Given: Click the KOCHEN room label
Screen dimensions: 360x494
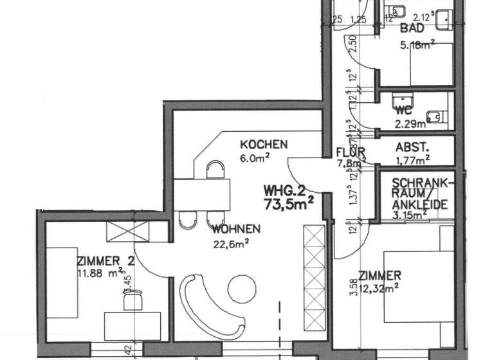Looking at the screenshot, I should pyautogui.click(x=264, y=144).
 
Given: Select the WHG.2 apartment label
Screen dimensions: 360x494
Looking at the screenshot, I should pyautogui.click(x=284, y=191).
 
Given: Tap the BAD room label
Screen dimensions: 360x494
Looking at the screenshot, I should pyautogui.click(x=412, y=28).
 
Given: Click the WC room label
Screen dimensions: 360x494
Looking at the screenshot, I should pyautogui.click(x=404, y=109).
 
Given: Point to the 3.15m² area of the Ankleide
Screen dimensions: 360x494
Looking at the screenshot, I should pyautogui.click(x=409, y=217).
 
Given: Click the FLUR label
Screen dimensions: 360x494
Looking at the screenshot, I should pyautogui.click(x=351, y=152).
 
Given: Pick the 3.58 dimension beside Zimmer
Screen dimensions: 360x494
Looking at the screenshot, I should pyautogui.click(x=352, y=285).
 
